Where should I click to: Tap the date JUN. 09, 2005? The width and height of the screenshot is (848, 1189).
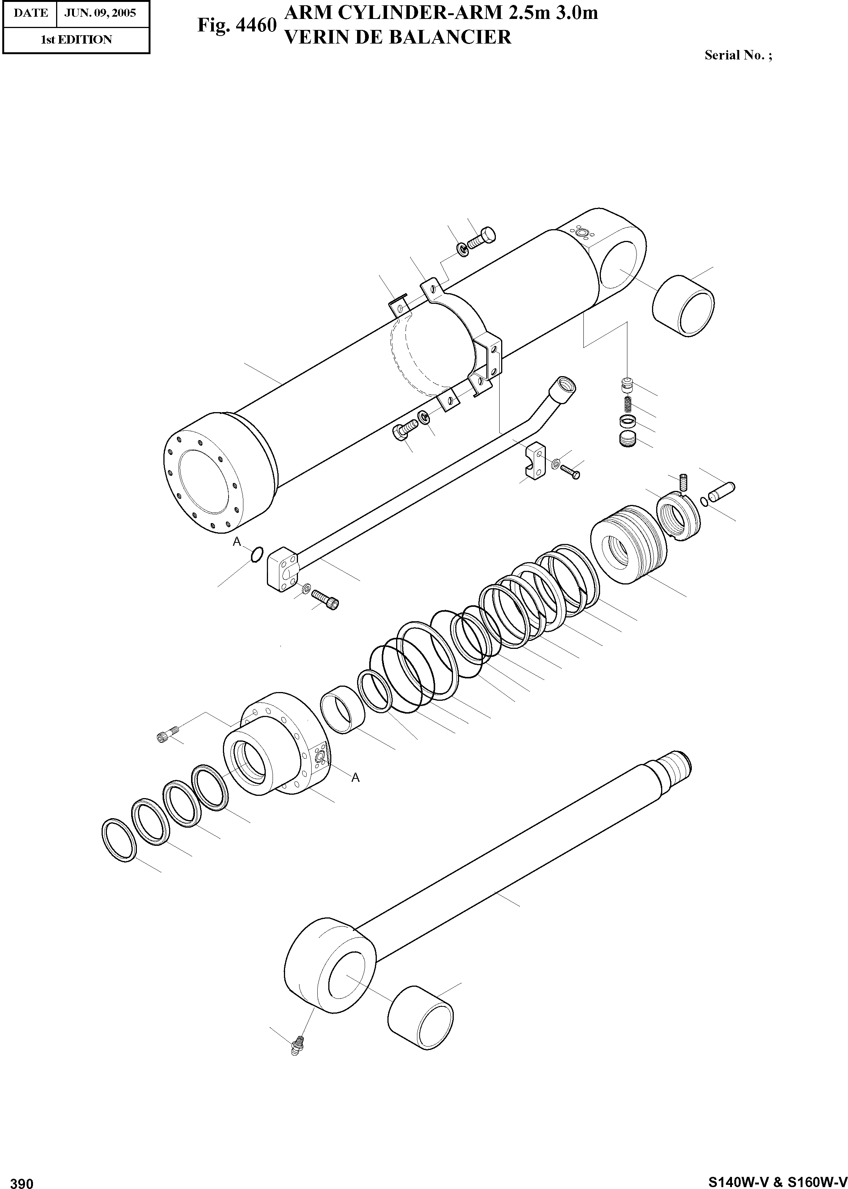click(100, 13)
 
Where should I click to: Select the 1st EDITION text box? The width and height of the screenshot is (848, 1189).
click(76, 40)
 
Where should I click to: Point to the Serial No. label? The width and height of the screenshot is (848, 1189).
click(738, 55)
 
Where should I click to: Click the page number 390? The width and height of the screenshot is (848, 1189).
click(22, 1180)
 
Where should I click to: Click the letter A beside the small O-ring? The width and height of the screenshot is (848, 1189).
click(237, 542)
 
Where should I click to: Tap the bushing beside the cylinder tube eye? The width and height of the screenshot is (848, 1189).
click(683, 306)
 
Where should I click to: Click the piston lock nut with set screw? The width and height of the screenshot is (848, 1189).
click(677, 517)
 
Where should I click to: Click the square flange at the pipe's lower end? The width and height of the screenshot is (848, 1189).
click(282, 568)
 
